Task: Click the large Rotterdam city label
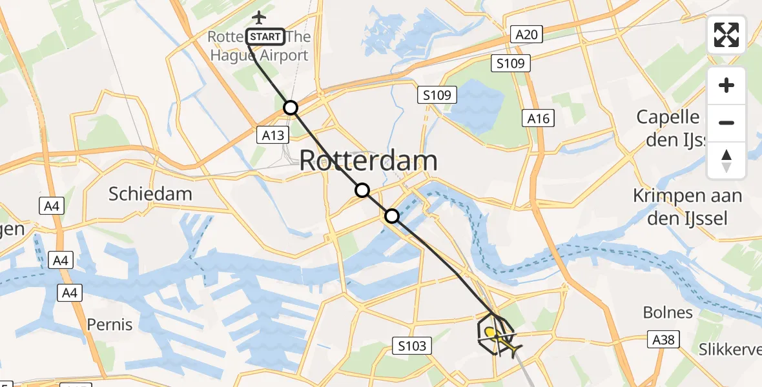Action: point(369,161)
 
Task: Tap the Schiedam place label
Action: point(150,193)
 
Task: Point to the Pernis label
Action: point(110,324)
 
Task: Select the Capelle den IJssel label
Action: point(668,126)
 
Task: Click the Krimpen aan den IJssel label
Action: point(686,206)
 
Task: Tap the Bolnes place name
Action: point(668,313)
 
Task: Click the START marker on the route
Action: point(265,37)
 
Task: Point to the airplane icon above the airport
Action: point(260,17)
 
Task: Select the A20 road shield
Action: point(526,34)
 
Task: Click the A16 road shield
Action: point(538,118)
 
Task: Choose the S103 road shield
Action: point(412,346)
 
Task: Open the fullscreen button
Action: point(726,35)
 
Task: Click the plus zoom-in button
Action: point(726,85)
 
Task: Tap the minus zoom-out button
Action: point(726,123)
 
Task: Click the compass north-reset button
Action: point(726,161)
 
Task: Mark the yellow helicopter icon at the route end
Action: point(498,337)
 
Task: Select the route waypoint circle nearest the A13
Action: point(291,108)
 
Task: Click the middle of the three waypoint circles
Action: point(362,190)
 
